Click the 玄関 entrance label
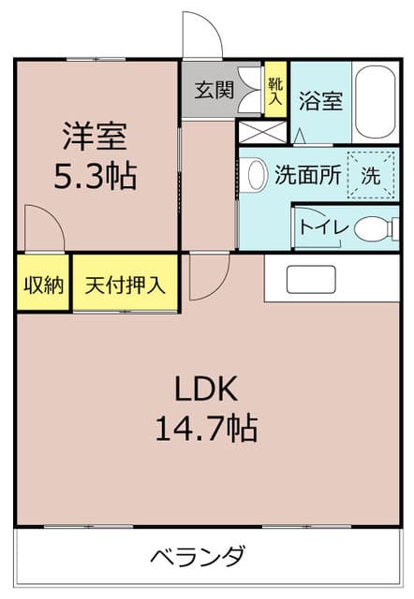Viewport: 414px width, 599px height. pyautogui.click(x=214, y=91)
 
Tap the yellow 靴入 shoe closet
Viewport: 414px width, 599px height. pyautogui.click(x=275, y=89)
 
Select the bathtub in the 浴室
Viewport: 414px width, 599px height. pyautogui.click(x=376, y=103)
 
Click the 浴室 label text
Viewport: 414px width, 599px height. pyautogui.click(x=320, y=101)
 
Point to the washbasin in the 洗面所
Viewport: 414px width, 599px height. pyautogui.click(x=257, y=175)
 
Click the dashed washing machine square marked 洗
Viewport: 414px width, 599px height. pyautogui.click(x=370, y=175)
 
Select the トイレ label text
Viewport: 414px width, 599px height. pyautogui.click(x=324, y=227)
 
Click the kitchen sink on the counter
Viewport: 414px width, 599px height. pyautogui.click(x=311, y=279)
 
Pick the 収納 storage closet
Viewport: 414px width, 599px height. pyautogui.click(x=43, y=283)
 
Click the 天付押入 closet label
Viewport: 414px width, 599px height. pyautogui.click(x=125, y=285)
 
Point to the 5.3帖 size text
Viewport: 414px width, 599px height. pyautogui.click(x=96, y=176)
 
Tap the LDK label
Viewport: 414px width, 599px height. pyautogui.click(x=206, y=388)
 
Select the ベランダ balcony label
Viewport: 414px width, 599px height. pyautogui.click(x=198, y=556)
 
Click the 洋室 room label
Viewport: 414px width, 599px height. pyautogui.click(x=96, y=136)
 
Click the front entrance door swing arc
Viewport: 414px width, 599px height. pyautogui.click(x=212, y=23)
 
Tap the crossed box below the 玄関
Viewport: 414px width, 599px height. pyautogui.click(x=262, y=132)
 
